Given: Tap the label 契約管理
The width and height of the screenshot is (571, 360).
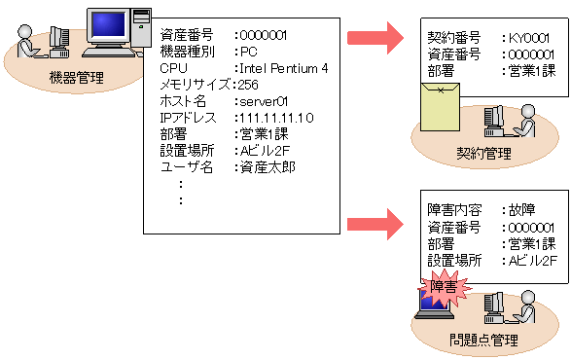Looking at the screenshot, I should [x=483, y=153].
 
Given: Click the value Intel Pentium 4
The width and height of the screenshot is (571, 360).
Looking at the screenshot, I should [x=287, y=68].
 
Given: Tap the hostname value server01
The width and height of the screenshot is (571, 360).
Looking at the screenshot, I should [x=268, y=101].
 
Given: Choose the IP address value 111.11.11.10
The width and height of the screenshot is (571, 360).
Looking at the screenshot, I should [x=278, y=118].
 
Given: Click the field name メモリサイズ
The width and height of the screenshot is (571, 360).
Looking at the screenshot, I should [x=196, y=85].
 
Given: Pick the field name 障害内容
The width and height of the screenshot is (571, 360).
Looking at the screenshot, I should [x=453, y=210].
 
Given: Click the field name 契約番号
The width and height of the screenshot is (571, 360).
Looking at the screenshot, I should [x=453, y=38].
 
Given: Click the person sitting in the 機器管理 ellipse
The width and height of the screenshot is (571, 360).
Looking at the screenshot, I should [x=29, y=41].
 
